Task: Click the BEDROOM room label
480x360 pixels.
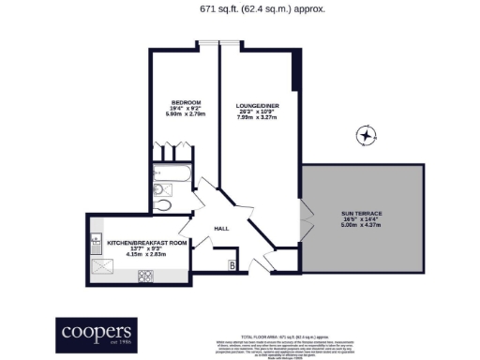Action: pos(186,101)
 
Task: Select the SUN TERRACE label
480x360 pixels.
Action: pos(361,214)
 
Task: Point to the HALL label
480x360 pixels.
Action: pos(222,228)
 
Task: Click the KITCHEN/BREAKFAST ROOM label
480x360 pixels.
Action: pos(147,242)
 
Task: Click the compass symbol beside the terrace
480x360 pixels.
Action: pos(364,137)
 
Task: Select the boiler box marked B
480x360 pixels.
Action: pos(231,265)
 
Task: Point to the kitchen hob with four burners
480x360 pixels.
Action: pos(146,276)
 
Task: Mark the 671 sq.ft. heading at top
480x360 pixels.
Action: pos(239,10)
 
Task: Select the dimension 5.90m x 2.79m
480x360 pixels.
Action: pos(186,114)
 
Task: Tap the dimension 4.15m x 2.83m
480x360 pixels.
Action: pos(147,253)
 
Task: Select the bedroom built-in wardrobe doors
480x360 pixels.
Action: pos(171,151)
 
